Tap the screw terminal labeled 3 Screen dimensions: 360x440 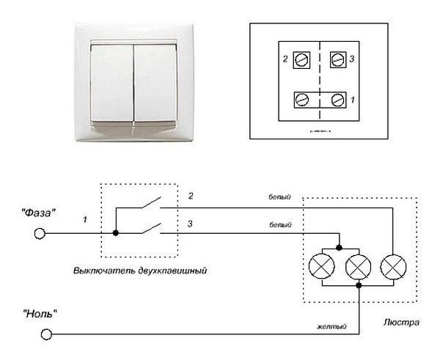pyautogui.click(x=338, y=59)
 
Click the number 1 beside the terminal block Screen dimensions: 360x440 pyautogui.click(x=353, y=98)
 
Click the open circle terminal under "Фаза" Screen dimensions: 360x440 pyautogui.click(x=40, y=234)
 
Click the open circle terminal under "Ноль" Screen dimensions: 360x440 pyautogui.click(x=45, y=334)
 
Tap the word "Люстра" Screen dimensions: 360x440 pyautogui.click(x=400, y=323)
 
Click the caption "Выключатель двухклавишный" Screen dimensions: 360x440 pyautogui.click(x=139, y=271)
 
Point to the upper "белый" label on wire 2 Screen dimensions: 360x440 pyautogui.click(x=279, y=197)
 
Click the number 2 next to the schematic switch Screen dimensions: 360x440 pyautogui.click(x=190, y=196)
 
